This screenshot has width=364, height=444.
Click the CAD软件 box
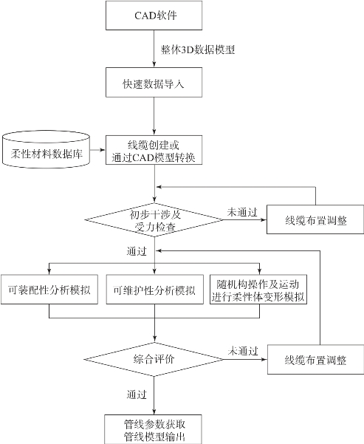tap(154, 16)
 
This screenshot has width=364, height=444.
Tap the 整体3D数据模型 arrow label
tap(198, 49)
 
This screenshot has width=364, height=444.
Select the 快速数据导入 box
tap(154, 83)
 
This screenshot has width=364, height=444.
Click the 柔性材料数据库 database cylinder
tap(46, 149)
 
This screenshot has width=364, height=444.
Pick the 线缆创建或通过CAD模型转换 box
tap(154, 150)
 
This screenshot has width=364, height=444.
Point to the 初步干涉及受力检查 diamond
tap(154, 220)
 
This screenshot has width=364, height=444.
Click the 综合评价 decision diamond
tap(154, 359)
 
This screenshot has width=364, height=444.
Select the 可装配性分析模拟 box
tap(49, 290)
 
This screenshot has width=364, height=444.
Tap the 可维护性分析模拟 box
tap(154, 290)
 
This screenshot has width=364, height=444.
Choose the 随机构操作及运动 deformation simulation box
tap(258, 290)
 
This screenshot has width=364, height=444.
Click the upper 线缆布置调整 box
tap(315, 219)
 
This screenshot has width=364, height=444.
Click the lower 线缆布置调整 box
tap(315, 359)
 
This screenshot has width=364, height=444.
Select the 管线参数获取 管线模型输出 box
tap(153, 429)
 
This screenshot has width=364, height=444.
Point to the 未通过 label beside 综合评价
tap(243, 351)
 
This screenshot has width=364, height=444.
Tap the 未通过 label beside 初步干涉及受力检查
tap(242, 212)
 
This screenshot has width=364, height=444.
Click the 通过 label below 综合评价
tap(137, 395)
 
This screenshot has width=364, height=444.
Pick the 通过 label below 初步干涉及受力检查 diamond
tap(137, 251)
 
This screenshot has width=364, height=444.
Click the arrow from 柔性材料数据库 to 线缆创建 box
tap(97, 150)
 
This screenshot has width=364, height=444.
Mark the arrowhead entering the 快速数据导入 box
tap(154, 65)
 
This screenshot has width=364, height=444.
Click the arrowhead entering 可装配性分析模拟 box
tap(49, 272)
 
